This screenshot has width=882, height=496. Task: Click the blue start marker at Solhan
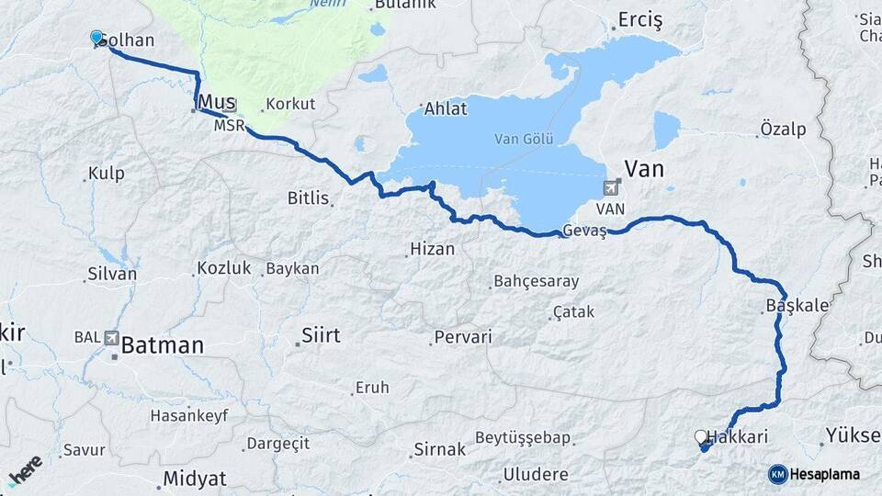tap(96, 37)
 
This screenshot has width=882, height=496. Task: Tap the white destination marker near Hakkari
tap(701, 437)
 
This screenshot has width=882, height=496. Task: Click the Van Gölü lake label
tap(522, 139)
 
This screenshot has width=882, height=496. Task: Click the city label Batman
tap(163, 345)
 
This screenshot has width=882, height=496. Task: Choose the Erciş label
tap(640, 19)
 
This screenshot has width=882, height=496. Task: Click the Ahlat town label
tap(446, 109)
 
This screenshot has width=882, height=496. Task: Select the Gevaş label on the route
tap(585, 231)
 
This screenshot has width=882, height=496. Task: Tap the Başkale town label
tap(797, 305)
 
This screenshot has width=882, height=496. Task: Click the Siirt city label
tap(321, 335)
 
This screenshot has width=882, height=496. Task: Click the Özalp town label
tap(783, 130)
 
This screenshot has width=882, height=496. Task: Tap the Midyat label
tap(195, 479)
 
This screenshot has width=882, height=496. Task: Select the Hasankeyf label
tap(190, 415)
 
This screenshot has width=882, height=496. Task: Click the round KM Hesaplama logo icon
tap(777, 474)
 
